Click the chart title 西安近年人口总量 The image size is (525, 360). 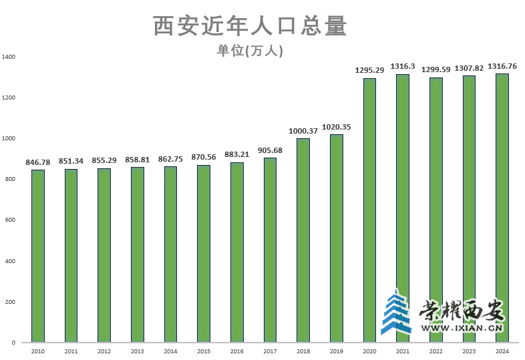coord(250,26)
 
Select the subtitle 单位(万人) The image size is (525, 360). coord(250,51)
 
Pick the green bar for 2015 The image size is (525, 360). coord(204,254)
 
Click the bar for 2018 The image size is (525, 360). coord(303,240)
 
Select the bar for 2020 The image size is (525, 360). coord(369,210)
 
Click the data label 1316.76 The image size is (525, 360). coord(502,66)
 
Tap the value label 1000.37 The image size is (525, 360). coord(303,131)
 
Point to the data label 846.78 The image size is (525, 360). coord(38,162)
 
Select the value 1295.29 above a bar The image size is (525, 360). coord(369,70)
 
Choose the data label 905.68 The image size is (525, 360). coord(270,150)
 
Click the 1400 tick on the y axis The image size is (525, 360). coord(8,57)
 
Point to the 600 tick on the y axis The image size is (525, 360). coord(10,220)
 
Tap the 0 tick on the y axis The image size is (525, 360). coord(13,343)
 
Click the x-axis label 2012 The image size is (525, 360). coord(104,351)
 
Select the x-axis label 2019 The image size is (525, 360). coord(336,351)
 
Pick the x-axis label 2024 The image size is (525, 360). coord(502,351)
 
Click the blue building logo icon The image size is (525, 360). coord(397,312)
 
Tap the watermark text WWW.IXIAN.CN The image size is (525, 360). coord(462,328)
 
